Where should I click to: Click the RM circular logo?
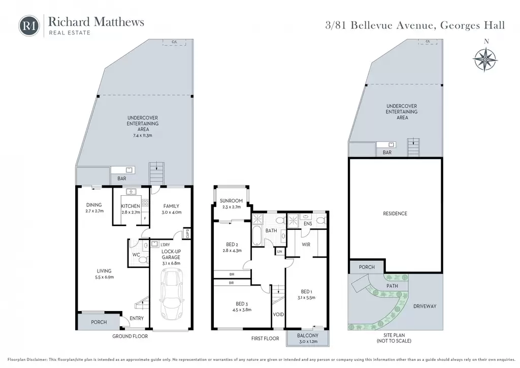click(29, 26)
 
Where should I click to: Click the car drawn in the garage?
click(172, 294)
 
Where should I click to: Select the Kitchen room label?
click(131, 206)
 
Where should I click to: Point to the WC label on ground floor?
click(136, 255)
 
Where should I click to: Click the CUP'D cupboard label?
click(187, 234)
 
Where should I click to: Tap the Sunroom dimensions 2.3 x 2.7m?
click(231, 207)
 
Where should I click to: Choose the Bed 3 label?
click(242, 303)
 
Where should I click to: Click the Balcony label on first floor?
click(308, 335)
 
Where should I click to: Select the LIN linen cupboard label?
click(280, 252)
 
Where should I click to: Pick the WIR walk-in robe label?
click(306, 244)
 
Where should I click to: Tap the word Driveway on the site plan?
click(425, 306)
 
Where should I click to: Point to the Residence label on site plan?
click(395, 213)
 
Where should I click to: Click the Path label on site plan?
click(392, 286)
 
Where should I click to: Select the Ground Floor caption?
click(130, 336)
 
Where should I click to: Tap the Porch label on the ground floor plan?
click(99, 322)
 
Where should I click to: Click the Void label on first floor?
click(278, 314)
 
